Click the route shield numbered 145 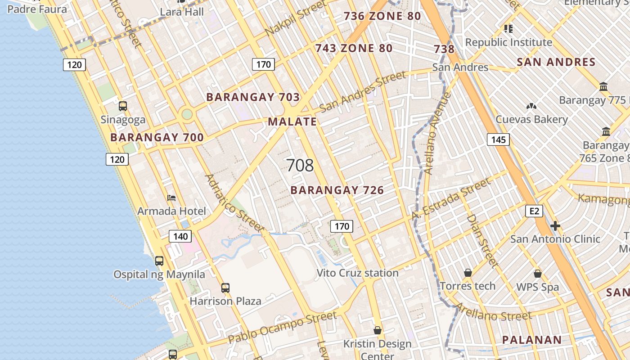coord(498,139)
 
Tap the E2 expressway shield coord(534,211)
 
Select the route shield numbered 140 coord(180,236)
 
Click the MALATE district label coord(292,121)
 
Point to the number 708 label coord(300,166)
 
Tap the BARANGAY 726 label coord(337,190)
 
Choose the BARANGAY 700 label coord(157,138)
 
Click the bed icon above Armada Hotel coord(171,198)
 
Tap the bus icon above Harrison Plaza coord(225,288)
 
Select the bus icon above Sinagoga coord(123,106)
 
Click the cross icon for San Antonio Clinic coord(555,225)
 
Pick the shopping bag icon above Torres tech coord(468,273)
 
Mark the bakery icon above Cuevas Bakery coord(531,106)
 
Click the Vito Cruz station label coord(357,273)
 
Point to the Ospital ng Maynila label coord(159,274)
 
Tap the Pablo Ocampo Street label coord(282,327)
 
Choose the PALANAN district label coord(532,340)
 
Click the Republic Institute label coord(508,42)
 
